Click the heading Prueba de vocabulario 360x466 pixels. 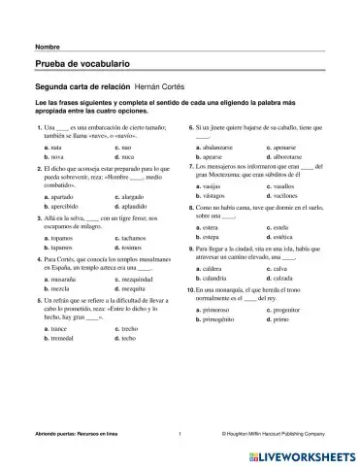point(77,64)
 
